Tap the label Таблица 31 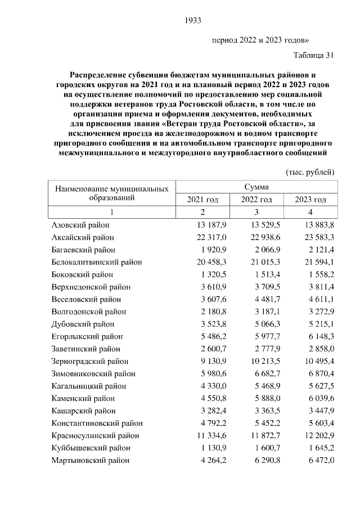point(314,55)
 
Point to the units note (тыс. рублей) point(310,172)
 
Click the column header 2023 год point(311,200)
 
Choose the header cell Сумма point(256,187)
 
